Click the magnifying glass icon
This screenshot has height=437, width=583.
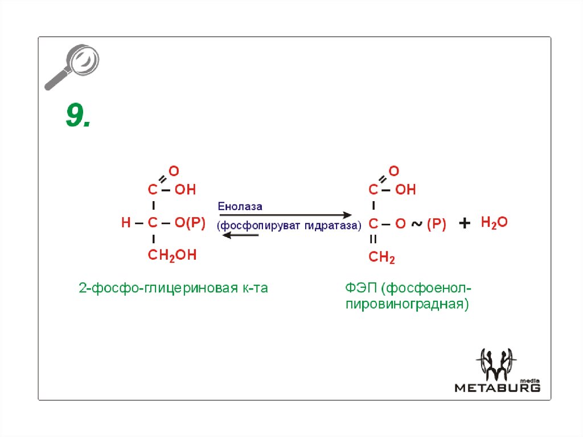coord(72,67)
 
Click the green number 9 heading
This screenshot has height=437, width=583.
coord(78,116)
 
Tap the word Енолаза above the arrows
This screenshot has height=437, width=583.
coord(240,206)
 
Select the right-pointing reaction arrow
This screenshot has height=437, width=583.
coord(285,215)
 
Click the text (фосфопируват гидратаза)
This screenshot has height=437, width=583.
coord(289,225)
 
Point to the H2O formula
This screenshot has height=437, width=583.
coord(494,222)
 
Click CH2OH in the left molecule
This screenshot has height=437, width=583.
coord(172,255)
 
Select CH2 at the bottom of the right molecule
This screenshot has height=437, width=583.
coord(381,258)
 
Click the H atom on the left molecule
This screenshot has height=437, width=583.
coord(126,223)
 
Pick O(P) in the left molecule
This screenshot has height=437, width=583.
coord(189,223)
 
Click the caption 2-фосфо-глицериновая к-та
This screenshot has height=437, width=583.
coord(173,288)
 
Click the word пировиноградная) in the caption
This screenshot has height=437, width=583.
coord(407,304)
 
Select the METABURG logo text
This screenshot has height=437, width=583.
coord(497,388)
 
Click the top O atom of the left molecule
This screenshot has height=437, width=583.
coord(174,170)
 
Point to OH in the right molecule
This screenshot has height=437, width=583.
coord(405,190)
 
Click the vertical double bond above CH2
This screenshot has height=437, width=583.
coord(373,240)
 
